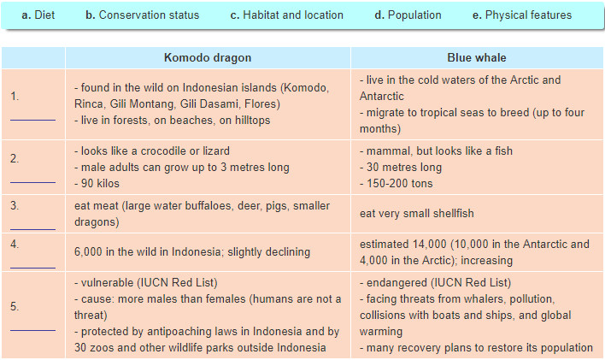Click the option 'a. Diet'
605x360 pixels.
pyautogui.click(x=38, y=15)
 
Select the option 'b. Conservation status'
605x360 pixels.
pyautogui.click(x=143, y=15)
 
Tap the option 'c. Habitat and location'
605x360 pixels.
pyautogui.click(x=286, y=15)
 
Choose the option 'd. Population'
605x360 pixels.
pyautogui.click(x=408, y=15)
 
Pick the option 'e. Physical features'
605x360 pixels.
pyautogui.click(x=522, y=15)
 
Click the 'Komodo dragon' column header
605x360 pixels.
pyautogui.click(x=208, y=57)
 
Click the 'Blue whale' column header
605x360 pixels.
pyautogui.click(x=477, y=57)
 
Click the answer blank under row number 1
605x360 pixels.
pyautogui.click(x=32, y=120)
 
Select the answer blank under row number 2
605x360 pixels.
pyautogui.click(x=32, y=182)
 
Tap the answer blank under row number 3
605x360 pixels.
pyautogui.click(x=32, y=229)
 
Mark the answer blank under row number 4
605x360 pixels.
pyautogui.click(x=32, y=268)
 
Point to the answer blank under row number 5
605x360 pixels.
pyautogui.click(x=32, y=330)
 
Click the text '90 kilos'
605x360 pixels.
pyautogui.click(x=100, y=184)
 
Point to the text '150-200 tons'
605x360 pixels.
pyautogui.click(x=399, y=184)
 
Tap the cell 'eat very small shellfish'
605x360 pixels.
pyautogui.click(x=417, y=214)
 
